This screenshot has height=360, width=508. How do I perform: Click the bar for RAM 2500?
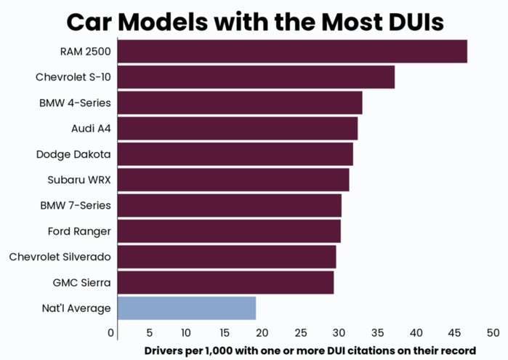[x=291, y=52]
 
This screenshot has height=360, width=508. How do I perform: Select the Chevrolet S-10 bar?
[x=255, y=77]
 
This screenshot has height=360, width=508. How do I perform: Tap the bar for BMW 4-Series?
[x=239, y=103]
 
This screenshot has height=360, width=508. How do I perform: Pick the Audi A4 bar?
[x=237, y=129]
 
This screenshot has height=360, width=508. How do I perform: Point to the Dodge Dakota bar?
[x=235, y=154]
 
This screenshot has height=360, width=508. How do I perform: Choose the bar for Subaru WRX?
[x=233, y=180]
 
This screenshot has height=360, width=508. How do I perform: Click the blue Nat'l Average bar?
[x=186, y=308]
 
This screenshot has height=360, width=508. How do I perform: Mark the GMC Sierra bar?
[x=225, y=282]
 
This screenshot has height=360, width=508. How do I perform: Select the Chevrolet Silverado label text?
[x=60, y=257]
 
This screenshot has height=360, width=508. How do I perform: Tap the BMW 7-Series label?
[x=76, y=205]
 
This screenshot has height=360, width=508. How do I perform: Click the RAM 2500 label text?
[x=86, y=52]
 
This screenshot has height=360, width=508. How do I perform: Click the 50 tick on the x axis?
[x=493, y=333]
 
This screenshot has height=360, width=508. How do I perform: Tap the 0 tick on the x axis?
[x=111, y=333]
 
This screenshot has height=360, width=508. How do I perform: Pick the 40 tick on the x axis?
[x=416, y=333]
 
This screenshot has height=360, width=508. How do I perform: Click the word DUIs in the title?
[x=403, y=21]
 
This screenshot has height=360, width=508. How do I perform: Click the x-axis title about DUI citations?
[x=309, y=351]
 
